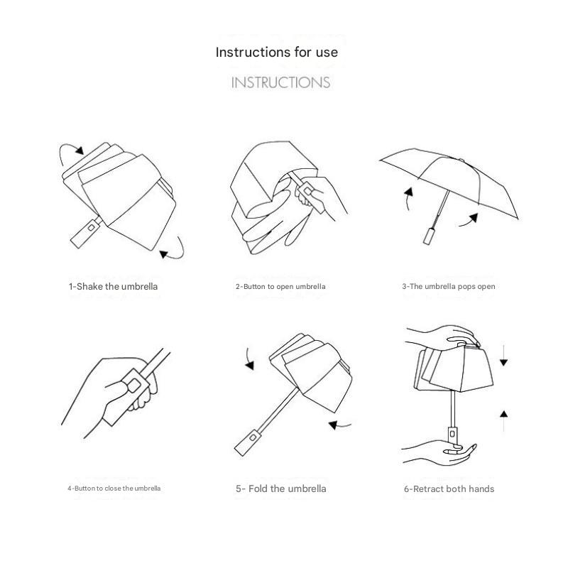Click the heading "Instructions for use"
point(277,52)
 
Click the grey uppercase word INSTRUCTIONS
point(280,82)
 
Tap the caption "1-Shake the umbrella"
point(114,287)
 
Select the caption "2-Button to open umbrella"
point(280,287)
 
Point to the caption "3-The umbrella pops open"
point(449,287)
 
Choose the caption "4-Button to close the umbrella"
point(114,488)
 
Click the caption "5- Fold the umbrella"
point(280,488)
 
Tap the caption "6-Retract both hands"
point(449,489)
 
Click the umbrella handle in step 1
point(86,232)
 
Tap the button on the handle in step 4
point(133,385)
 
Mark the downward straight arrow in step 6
point(503,356)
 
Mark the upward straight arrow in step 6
point(503,421)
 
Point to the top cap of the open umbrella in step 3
point(461,160)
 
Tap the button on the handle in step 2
point(308,191)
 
